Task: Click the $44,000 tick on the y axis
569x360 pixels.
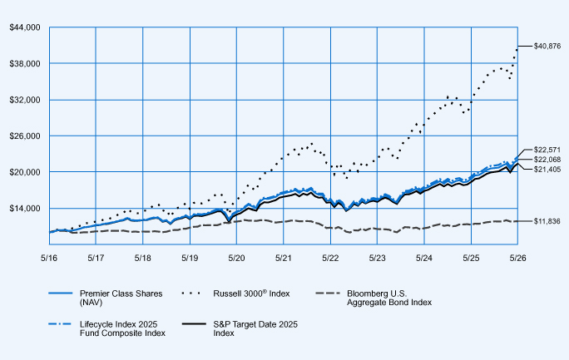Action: pos(25,27)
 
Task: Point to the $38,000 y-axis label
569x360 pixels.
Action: pos(25,64)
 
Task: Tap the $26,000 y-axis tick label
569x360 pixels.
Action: pos(25,136)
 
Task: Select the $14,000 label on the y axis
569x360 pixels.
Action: pos(25,208)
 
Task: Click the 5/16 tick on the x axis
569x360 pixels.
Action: pos(49,258)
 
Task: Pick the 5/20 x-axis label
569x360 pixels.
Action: pos(236,258)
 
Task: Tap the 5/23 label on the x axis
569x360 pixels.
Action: pos(377,258)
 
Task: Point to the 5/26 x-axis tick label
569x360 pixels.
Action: pos(517,258)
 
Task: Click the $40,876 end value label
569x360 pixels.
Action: pos(547,47)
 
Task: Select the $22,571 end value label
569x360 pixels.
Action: pos(547,150)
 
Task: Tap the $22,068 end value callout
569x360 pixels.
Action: pos(547,160)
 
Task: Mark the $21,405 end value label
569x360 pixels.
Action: pos(547,170)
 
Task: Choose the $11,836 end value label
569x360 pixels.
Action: pos(547,221)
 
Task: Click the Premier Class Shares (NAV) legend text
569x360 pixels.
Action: pos(121,298)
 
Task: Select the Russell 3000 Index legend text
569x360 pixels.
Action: pos(251,293)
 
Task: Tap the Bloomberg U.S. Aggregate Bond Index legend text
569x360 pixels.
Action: pos(389,298)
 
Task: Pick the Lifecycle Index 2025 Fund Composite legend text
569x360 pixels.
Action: pos(122,328)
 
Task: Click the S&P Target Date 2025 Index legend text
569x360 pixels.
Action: pos(255,328)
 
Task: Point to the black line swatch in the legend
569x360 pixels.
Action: pos(194,323)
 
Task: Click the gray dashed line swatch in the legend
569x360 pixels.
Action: pos(328,293)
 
